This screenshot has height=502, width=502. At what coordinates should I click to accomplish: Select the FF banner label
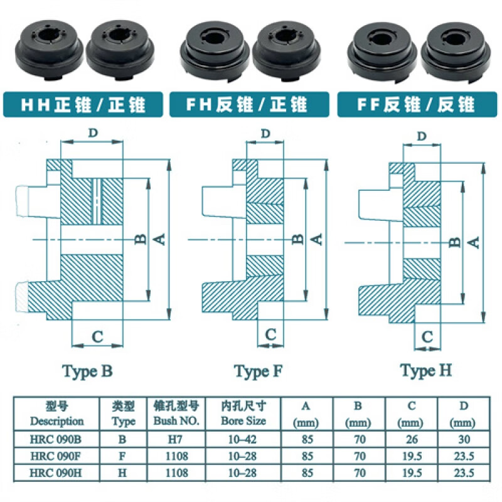pyautogui.click(x=415, y=104)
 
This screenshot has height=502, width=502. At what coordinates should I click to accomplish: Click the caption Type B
pyautogui.click(x=87, y=371)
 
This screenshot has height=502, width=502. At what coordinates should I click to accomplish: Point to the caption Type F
pyautogui.click(x=259, y=371)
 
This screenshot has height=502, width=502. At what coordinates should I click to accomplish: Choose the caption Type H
pyautogui.click(x=426, y=371)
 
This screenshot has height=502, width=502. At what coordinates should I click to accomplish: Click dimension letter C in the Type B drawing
pyautogui.click(x=97, y=336)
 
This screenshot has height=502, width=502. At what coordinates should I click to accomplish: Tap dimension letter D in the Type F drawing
pyautogui.click(x=265, y=134)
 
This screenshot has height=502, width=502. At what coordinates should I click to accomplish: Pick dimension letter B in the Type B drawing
pyautogui.click(x=141, y=238)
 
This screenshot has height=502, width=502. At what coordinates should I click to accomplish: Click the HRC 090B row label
pyautogui.click(x=56, y=440)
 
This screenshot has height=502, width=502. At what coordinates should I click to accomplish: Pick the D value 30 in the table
pyautogui.click(x=464, y=440)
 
